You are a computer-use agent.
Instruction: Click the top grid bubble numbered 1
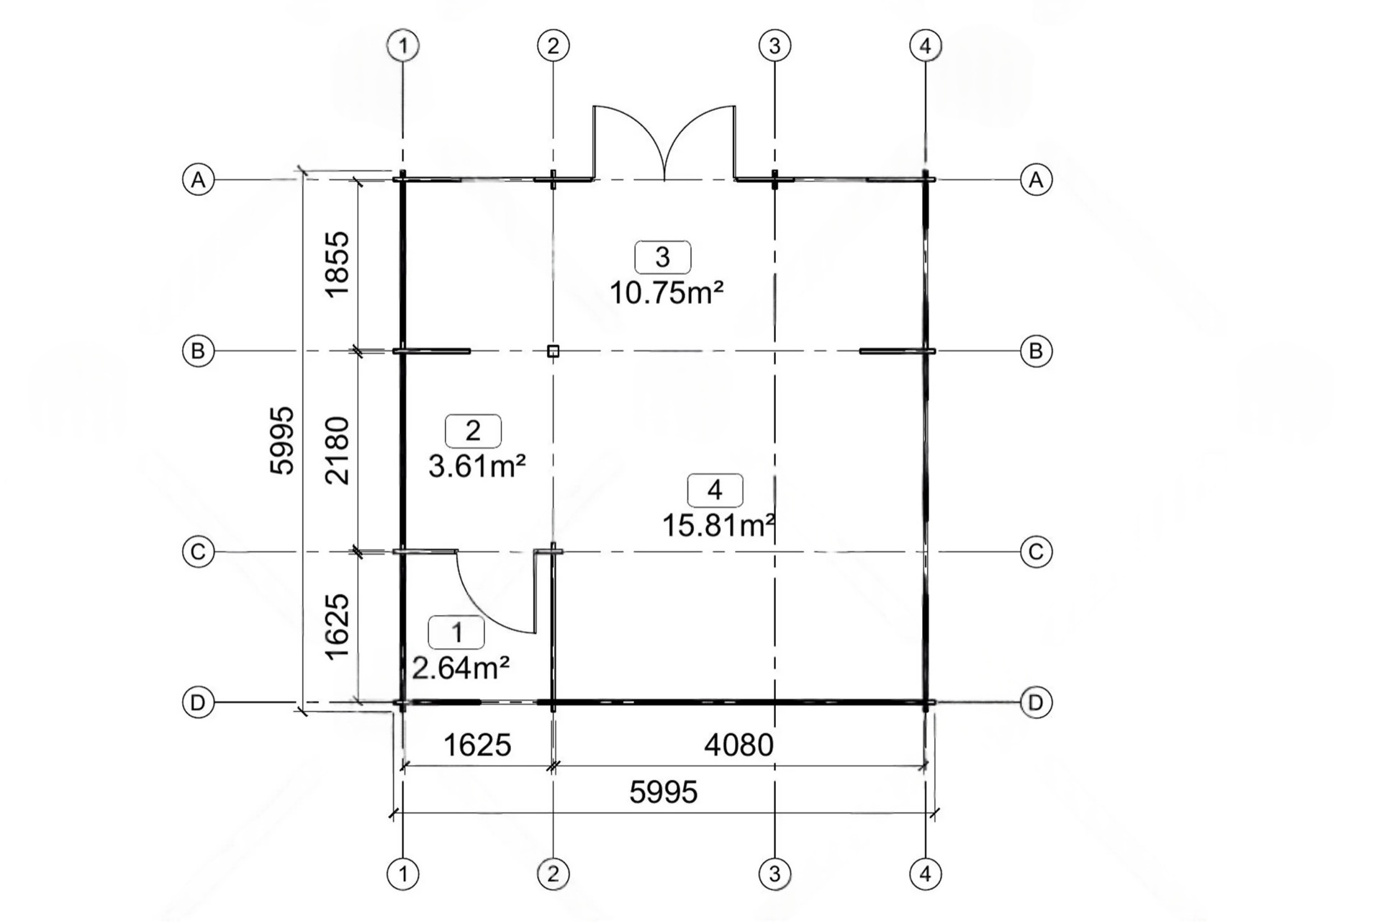(x=403, y=46)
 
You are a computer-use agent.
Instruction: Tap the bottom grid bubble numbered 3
(x=774, y=874)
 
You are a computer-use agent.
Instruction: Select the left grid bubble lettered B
(x=198, y=352)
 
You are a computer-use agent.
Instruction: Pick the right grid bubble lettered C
(x=1036, y=552)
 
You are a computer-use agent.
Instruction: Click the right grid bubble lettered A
(x=1036, y=179)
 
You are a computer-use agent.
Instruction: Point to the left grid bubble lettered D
(x=198, y=702)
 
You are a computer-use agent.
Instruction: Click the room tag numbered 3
(x=662, y=256)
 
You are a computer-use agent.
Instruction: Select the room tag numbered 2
(x=473, y=431)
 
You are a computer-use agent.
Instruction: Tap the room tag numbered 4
(x=715, y=490)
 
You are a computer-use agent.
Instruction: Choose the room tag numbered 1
(x=456, y=632)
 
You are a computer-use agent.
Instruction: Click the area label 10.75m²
(x=667, y=292)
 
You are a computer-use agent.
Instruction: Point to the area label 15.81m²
(x=718, y=526)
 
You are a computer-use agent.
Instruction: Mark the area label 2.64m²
(x=461, y=668)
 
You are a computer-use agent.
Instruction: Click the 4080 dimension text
(x=739, y=745)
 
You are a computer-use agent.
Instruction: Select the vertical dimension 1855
(x=338, y=264)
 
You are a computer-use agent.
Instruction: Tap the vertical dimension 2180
(x=338, y=450)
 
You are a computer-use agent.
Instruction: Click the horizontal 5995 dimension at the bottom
(x=664, y=792)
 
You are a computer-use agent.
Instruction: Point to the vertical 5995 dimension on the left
(x=282, y=440)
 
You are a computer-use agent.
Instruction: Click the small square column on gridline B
(x=553, y=352)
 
